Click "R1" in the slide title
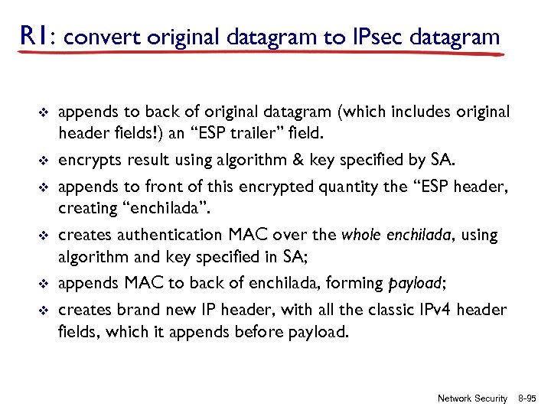point(34,35)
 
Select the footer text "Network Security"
point(471,398)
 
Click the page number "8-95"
point(527,398)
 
